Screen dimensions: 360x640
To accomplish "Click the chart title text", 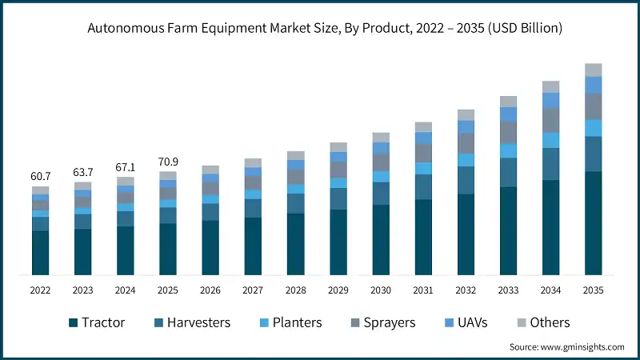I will click(320, 28).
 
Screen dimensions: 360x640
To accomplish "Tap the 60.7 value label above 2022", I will click(40, 175).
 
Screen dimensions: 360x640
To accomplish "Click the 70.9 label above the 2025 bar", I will click(167, 161).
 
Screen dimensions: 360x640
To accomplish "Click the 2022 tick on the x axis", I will click(40, 290).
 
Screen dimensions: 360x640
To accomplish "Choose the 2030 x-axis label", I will click(381, 290).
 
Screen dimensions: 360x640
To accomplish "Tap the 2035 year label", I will click(593, 290).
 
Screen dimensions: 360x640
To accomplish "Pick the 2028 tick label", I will click(295, 290).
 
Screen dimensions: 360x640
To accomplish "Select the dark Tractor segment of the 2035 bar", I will click(593, 224).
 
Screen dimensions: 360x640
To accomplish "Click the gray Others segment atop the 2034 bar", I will click(550, 86).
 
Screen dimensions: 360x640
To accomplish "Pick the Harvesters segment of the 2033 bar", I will click(508, 172).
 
